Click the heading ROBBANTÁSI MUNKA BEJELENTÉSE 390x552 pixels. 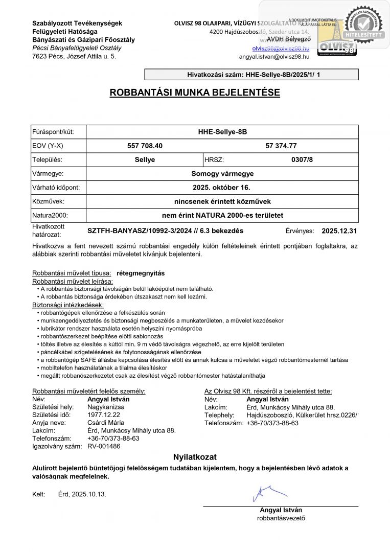(195, 93)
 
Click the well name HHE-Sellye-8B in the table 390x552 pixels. (222, 132)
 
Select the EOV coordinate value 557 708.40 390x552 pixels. (145, 146)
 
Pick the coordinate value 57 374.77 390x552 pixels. (285, 146)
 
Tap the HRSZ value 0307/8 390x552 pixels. (302, 159)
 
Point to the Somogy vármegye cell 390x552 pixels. (222, 174)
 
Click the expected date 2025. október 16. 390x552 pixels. (222, 188)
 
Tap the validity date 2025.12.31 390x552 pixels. (339, 231)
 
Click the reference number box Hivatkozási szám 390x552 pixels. (251, 75)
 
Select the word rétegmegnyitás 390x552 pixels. (141, 273)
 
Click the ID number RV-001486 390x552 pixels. (104, 446)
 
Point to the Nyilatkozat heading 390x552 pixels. (195, 457)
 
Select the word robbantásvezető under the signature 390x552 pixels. (281, 518)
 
